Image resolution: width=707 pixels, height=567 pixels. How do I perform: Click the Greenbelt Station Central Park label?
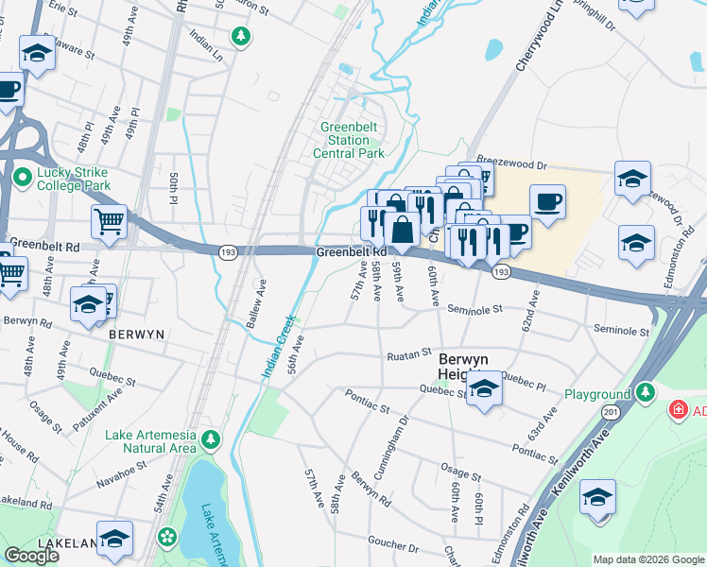(x=350, y=140)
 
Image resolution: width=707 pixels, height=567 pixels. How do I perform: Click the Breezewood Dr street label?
(x=513, y=163)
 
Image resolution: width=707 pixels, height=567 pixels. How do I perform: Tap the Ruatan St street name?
(x=408, y=356)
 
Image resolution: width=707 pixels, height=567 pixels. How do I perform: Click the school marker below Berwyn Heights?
(x=484, y=389)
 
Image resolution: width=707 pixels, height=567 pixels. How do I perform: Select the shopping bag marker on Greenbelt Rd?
(x=402, y=229)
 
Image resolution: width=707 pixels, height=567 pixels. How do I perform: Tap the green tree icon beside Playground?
(x=645, y=391)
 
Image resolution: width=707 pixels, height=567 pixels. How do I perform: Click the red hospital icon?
(x=678, y=410)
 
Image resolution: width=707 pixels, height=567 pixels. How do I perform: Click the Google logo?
(x=31, y=556)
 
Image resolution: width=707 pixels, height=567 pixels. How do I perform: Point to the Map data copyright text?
(x=648, y=559)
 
